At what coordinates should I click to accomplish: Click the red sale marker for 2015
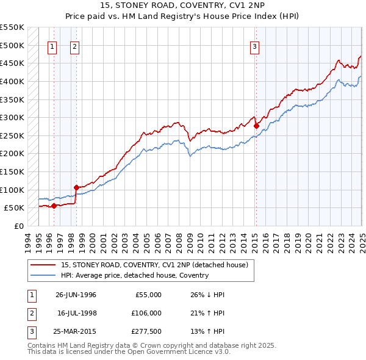[257, 126]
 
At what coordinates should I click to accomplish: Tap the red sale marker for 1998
[76, 187]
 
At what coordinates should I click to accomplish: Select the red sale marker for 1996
[54, 206]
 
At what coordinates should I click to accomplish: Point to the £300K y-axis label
[12, 117]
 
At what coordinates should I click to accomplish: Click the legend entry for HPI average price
[134, 275]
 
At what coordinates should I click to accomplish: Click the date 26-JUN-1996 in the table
[76, 295]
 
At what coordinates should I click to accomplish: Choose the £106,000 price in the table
[147, 313]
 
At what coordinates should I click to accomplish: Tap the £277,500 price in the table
[147, 332]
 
